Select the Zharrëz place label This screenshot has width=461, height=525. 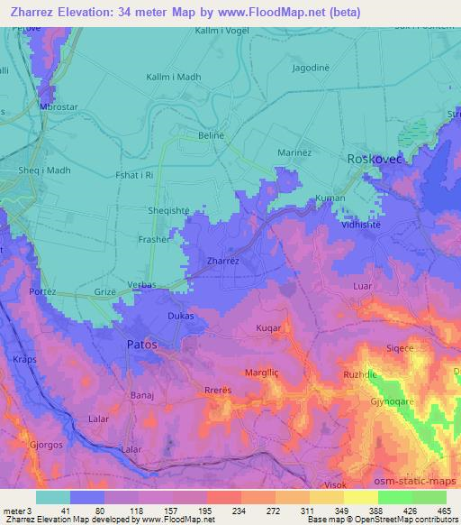[x=222, y=260]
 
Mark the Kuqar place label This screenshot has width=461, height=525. [x=271, y=328]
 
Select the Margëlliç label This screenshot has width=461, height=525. [x=264, y=372]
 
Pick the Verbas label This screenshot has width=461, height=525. [x=141, y=285]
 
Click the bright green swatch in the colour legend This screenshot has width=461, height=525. [x=394, y=497]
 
